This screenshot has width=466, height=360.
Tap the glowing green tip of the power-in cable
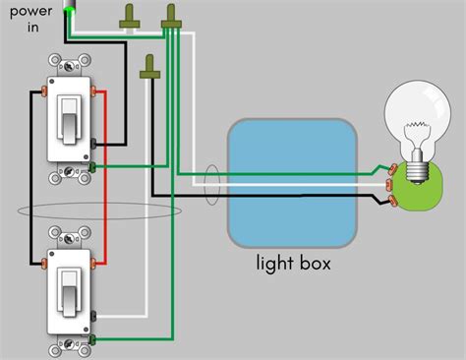coord(70,10)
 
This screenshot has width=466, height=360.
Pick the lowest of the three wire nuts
coord(150,66)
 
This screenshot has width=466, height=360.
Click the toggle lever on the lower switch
coord(70,285)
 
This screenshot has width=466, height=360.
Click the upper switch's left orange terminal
coord(45,91)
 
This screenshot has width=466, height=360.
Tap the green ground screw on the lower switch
coord(92,338)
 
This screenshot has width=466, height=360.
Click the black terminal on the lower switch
coord(92,318)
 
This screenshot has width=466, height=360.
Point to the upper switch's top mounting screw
coord(70,68)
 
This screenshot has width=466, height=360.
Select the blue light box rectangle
coord(291,183)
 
